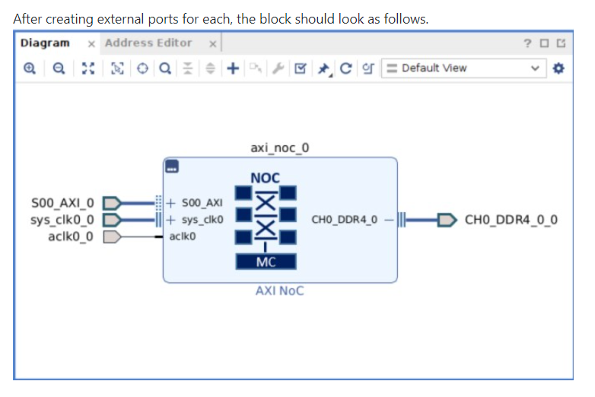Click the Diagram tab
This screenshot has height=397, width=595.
(45, 43)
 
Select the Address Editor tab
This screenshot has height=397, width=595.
(148, 43)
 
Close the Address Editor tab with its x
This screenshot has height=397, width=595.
(213, 44)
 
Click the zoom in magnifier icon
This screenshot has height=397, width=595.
(30, 68)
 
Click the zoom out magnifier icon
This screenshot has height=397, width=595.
(59, 68)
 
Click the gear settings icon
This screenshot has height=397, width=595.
(560, 68)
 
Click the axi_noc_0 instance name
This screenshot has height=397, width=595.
(279, 148)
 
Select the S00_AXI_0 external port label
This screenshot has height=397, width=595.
(63, 203)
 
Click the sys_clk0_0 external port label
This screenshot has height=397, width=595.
(63, 221)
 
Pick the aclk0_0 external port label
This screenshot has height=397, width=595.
(71, 237)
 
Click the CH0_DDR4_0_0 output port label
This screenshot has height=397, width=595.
(511, 221)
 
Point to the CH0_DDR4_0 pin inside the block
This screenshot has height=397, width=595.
(344, 221)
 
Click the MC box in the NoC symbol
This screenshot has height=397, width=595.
(266, 262)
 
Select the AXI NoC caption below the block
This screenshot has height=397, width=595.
(279, 291)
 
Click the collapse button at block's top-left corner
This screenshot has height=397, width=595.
(173, 167)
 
